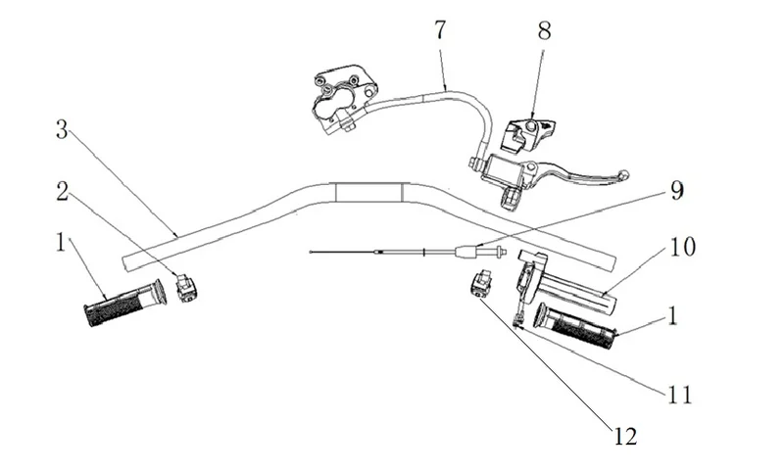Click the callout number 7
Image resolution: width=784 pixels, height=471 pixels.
440,30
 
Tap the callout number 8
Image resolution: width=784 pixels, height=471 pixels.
545,30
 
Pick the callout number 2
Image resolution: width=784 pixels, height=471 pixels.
62,191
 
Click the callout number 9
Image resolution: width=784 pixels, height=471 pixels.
676,191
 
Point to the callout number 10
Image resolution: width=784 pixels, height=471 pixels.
682,247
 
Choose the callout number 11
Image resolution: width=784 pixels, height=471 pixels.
680,394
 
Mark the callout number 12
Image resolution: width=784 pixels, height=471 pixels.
625,436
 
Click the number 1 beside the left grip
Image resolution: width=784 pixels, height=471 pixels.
61,243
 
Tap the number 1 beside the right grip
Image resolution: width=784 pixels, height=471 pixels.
673,316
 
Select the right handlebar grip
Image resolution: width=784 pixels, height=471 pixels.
575,326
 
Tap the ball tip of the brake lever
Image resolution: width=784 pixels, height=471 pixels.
623,175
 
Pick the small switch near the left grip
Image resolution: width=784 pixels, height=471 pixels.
186,288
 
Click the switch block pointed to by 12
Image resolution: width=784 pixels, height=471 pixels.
482,283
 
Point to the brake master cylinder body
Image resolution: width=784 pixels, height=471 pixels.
502,168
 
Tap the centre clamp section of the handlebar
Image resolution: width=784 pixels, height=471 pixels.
369,192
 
